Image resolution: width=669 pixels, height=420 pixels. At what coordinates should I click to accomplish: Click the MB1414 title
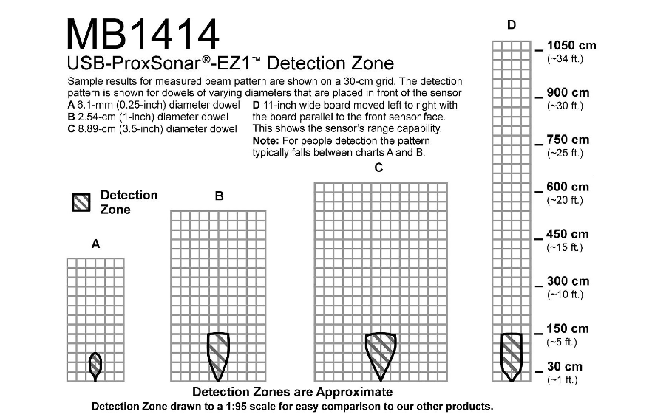point(143,33)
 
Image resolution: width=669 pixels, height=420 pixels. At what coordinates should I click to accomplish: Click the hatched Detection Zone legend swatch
point(81,202)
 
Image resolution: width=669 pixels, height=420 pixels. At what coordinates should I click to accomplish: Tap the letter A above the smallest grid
point(95,244)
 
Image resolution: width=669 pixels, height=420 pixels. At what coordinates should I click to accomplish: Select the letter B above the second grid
point(219,196)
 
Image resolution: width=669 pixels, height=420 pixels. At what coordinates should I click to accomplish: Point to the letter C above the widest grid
point(378,168)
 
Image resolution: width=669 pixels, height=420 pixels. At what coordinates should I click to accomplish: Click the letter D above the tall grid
point(512,25)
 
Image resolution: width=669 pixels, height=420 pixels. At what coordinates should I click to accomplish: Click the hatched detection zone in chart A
point(95,364)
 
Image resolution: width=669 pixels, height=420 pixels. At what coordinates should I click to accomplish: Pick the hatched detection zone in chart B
point(218,354)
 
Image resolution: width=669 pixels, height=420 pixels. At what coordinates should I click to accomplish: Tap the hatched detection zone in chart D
point(512,355)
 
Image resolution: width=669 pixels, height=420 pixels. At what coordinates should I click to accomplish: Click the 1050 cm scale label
point(571,45)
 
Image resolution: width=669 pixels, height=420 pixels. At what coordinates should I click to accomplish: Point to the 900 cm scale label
point(568,93)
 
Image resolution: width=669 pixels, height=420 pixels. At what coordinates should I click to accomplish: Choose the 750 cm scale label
point(568,140)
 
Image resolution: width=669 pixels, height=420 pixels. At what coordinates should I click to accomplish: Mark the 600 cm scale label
point(568,187)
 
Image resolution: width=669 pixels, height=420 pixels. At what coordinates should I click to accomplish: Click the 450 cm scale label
point(568,235)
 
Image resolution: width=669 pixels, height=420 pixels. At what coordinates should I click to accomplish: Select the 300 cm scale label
point(568,281)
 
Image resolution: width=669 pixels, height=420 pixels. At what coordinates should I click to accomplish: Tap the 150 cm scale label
point(568,329)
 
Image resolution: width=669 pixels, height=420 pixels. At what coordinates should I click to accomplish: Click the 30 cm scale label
point(565,367)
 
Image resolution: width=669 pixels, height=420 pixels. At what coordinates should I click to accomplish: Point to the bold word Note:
point(265,140)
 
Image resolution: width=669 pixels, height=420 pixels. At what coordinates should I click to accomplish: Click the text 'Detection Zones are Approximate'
point(292,392)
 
